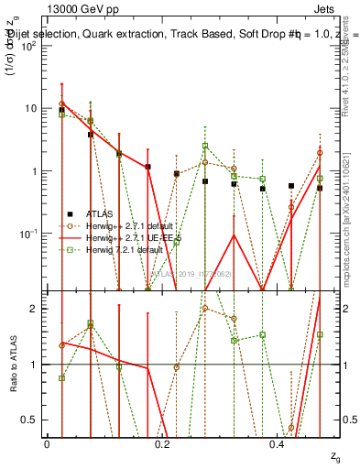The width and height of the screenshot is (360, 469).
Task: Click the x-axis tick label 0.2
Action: pyautogui.click(x=162, y=443)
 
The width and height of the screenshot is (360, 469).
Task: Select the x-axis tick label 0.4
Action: pyautogui.click(x=278, y=443)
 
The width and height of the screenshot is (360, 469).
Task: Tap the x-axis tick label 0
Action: pyautogui.click(x=47, y=443)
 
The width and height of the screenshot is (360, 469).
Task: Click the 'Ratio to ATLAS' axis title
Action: pyautogui.click(x=13, y=365)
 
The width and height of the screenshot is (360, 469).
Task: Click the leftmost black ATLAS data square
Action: pyautogui.click(x=61, y=110)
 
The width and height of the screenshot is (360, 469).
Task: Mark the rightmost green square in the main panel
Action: pyautogui.click(x=320, y=179)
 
